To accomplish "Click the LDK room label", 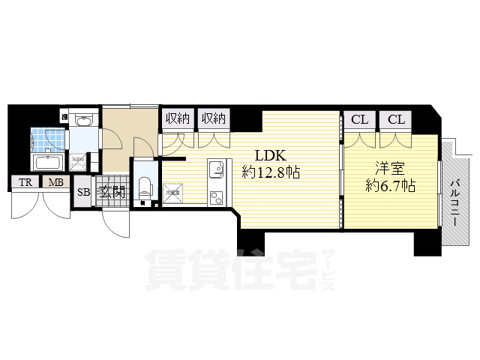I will pyautogui.click(x=269, y=156).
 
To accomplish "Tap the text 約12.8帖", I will pyautogui.click(x=271, y=172).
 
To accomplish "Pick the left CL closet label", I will pyautogui.click(x=359, y=118).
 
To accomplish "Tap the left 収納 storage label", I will pyautogui.click(x=177, y=118).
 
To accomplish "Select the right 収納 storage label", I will pyautogui.click(x=213, y=118).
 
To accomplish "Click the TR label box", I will pyautogui.click(x=25, y=182).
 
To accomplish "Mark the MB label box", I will pyautogui.click(x=55, y=182).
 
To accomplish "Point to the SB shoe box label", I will pyautogui.click(x=83, y=191).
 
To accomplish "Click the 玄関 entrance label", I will pyautogui.click(x=112, y=192).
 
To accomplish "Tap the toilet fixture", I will pyautogui.click(x=145, y=184).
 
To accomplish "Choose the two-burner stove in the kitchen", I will pyautogui.click(x=216, y=197).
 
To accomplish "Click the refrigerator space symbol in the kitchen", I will pyautogui.click(x=173, y=193).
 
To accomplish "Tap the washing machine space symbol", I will pyautogui.click(x=78, y=160).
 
